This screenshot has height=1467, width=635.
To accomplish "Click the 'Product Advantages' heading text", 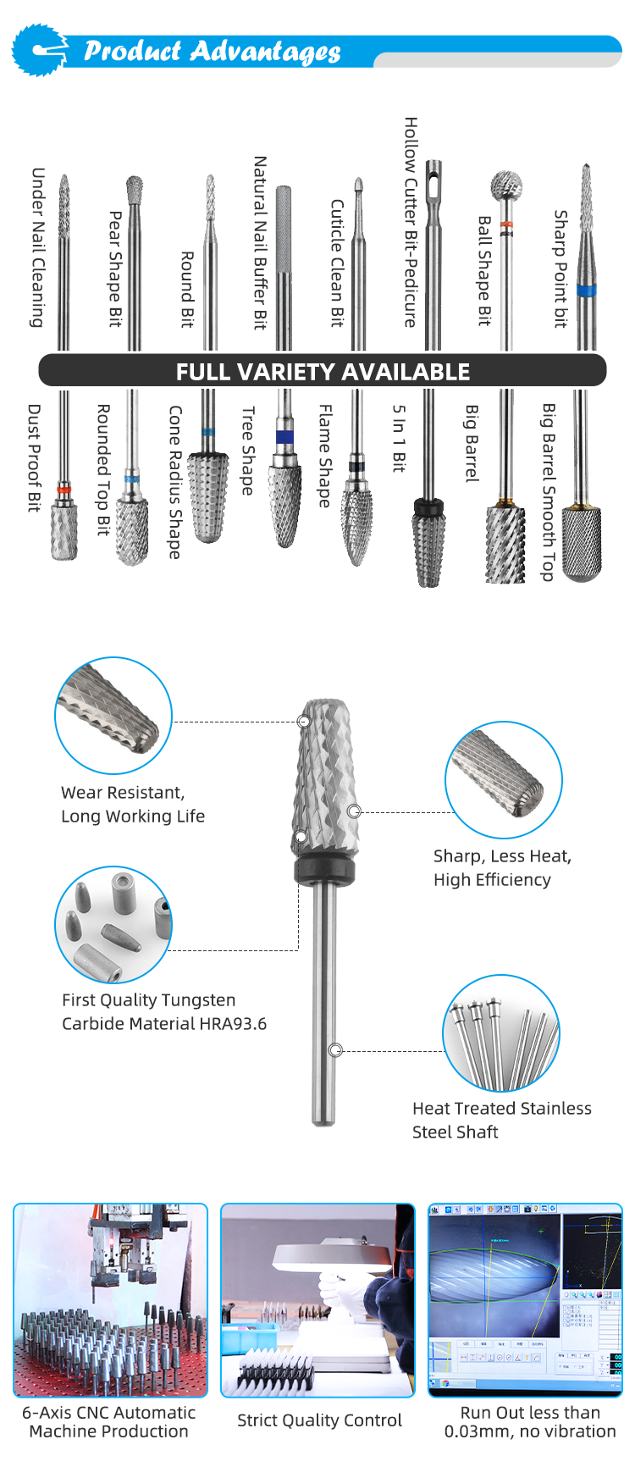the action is coord(212,52).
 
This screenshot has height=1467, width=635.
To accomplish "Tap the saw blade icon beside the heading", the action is coord(39,50).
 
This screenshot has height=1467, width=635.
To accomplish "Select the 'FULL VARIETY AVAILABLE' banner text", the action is coord(323,372).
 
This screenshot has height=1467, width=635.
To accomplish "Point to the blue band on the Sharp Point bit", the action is coord(586,291).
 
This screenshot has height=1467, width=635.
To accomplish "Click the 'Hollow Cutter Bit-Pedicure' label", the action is coord(411,223).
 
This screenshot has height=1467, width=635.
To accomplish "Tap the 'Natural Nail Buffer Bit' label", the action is coord(261,242).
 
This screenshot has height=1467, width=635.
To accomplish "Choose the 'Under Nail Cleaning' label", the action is coord(38,247).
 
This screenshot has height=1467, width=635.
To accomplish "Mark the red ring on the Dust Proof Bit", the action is coord(63,490).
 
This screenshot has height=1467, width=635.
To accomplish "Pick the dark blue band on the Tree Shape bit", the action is coord(284,437).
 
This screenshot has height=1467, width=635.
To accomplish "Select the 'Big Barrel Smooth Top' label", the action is coord(549,492).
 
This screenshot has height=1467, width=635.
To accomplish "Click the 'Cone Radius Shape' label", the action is coord(175,482).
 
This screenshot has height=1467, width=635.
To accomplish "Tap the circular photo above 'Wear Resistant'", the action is coord(113,716).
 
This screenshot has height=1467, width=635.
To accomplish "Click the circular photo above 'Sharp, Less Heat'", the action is coord(504,780).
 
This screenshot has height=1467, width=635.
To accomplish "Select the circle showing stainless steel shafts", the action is coord(501,1033).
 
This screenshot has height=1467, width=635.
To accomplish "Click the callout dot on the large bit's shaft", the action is coord(335,1050).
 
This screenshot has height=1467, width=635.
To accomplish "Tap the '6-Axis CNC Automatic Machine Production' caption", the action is coord(109,1422).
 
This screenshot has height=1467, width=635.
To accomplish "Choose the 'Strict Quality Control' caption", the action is coord(319,1420).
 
